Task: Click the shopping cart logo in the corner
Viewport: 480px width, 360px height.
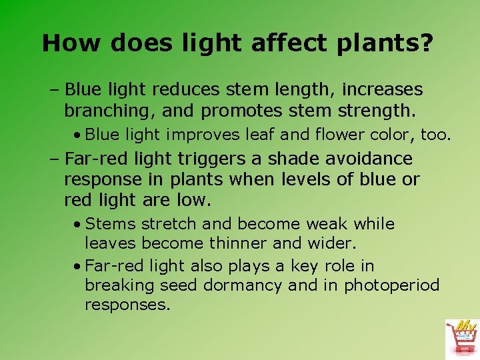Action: [461, 339]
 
